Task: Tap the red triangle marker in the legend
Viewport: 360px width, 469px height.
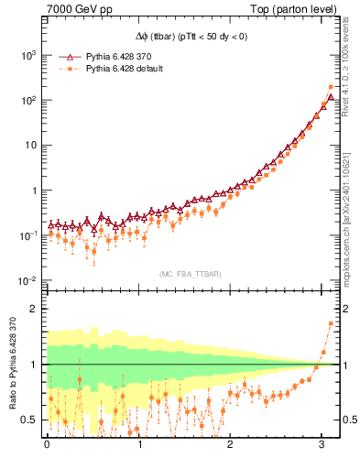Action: click(x=64, y=56)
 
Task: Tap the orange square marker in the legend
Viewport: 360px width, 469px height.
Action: click(x=64, y=69)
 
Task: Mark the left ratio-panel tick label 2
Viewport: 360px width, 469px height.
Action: click(x=33, y=309)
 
